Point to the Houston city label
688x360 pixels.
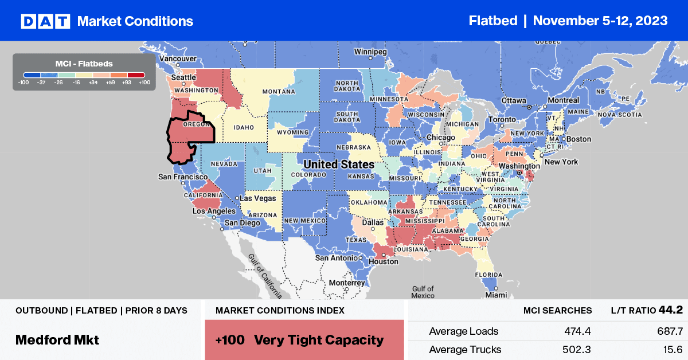pyautogui.click(x=384, y=261)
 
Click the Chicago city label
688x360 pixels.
pyautogui.click(x=441, y=138)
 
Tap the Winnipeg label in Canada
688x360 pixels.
pyautogui.click(x=370, y=52)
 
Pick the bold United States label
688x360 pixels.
pyautogui.click(x=338, y=165)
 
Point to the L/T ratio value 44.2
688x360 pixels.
pyautogui.click(x=670, y=310)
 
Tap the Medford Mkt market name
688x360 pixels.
pyautogui.click(x=57, y=339)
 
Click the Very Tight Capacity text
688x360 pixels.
pyautogui.click(x=318, y=340)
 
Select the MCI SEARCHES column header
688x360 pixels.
pyautogui.click(x=557, y=311)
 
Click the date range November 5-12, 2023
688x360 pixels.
pyautogui.click(x=600, y=21)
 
